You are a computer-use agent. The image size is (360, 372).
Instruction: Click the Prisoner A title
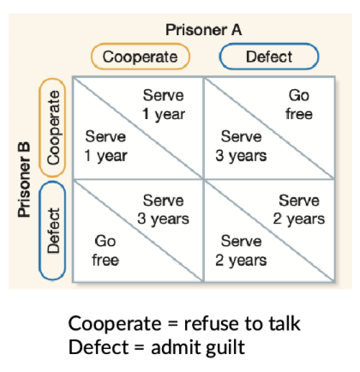coord(204,30)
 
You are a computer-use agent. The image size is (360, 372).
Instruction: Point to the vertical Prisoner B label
coord(24,179)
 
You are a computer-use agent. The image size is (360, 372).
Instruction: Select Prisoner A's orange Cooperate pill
coord(141,57)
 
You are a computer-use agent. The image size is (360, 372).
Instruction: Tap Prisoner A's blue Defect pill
coord(269,57)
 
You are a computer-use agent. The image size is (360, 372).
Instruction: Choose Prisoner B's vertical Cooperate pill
coord(52,128)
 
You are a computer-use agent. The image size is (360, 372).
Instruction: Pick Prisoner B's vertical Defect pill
coord(52,231)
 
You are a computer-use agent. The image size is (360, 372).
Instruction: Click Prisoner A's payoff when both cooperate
coord(164,105)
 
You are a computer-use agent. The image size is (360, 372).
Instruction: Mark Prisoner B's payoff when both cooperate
coord(105,146)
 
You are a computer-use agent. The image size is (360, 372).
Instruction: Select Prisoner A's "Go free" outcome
coord(299,105)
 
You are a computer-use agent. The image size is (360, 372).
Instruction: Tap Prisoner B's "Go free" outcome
coord(105,250)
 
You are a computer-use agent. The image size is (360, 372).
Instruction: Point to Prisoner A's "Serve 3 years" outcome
coord(163,210)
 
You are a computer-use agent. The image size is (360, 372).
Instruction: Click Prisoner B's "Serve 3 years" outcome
coord(241,146)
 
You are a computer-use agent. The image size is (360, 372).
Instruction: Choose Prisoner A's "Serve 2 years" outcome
coord(299,210)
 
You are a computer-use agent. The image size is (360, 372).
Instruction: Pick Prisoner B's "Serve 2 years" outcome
coord(241,250)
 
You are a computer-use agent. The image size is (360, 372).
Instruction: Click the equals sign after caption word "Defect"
coord(140,348)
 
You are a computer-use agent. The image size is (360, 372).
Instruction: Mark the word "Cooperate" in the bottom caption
coord(115,324)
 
